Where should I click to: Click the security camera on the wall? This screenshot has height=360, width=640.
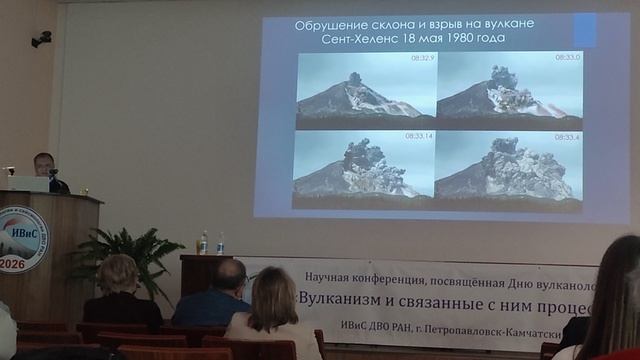tap(41, 39)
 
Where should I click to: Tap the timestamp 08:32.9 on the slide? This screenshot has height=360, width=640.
tap(422, 59)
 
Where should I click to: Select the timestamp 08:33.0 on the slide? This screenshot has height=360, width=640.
tap(567, 58)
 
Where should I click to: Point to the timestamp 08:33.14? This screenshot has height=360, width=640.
tap(420, 136)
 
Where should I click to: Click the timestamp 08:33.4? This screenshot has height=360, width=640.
tap(567, 136)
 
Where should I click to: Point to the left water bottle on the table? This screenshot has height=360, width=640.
tap(203, 243)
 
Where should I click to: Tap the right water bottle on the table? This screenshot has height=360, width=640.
tap(220, 244)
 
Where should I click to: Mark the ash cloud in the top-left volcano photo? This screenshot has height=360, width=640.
tap(354, 78)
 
